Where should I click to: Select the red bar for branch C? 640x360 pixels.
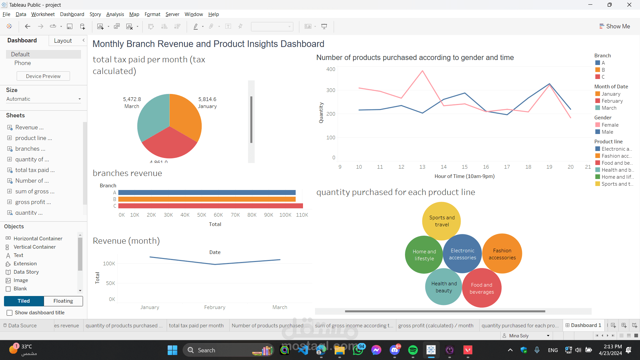pos(210,206)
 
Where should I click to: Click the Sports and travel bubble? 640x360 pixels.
pos(442,221)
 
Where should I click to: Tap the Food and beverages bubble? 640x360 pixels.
pos(482,288)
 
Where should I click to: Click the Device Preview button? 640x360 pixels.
pos(43,76)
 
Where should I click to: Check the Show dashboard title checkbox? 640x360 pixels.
pos(10,313)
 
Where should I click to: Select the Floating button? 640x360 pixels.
pos(63,301)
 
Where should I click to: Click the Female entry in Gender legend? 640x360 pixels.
pos(610,125)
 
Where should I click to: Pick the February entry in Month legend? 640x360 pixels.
pos(612,101)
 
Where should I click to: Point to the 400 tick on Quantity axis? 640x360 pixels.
pos(331,69)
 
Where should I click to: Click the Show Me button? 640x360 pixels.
pos(615,26)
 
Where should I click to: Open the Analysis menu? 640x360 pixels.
pos(115,14)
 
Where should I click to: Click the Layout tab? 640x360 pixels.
pos(63,41)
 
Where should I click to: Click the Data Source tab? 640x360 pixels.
pos(22,326)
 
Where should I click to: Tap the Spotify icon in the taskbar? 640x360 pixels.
pos(413,350)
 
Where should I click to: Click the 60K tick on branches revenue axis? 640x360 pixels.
pos(218,215)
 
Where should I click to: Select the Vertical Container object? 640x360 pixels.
pos(34,247)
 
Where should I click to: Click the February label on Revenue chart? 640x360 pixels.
pos(215,307)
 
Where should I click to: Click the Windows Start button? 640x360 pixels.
pos(172,350)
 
